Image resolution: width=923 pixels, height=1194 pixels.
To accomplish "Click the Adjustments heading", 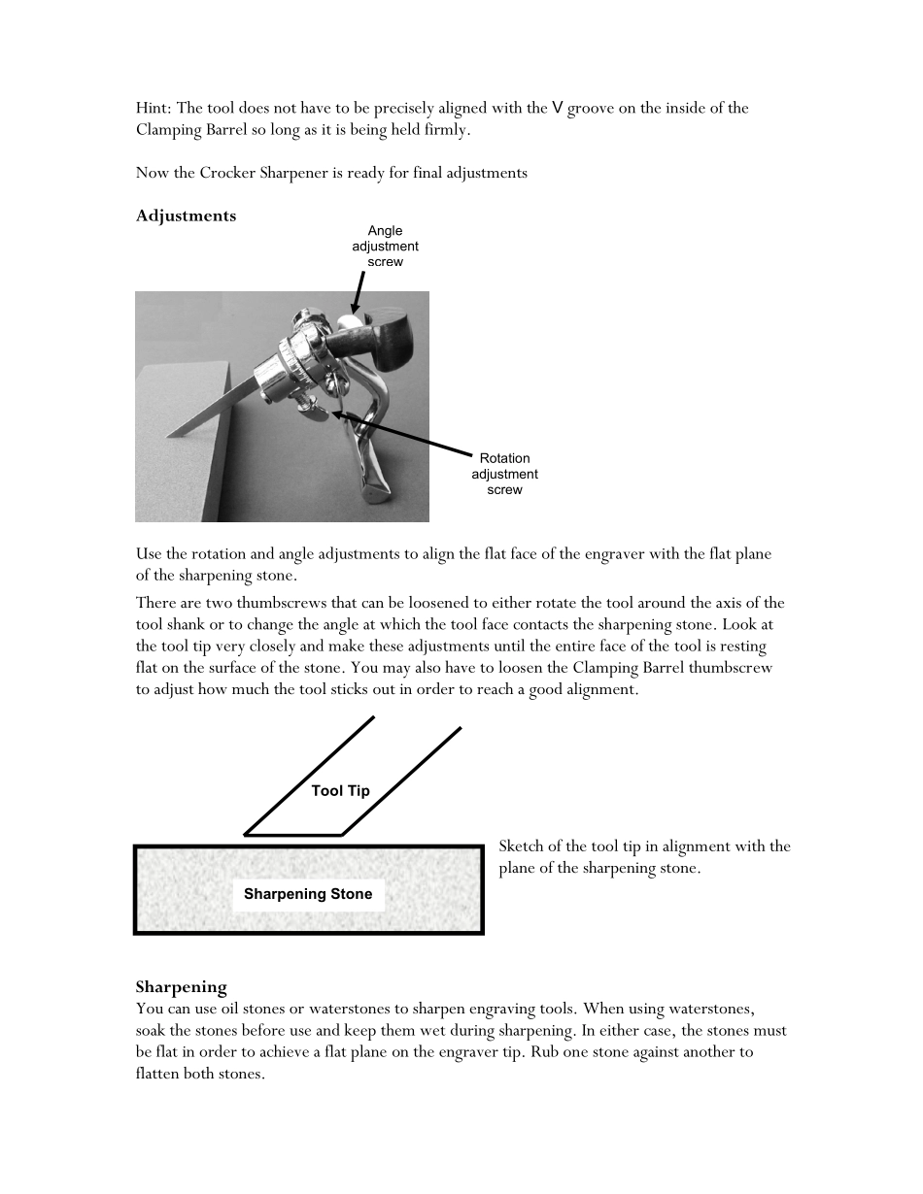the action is (x=186, y=216).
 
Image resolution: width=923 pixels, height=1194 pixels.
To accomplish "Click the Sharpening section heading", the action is (x=182, y=986).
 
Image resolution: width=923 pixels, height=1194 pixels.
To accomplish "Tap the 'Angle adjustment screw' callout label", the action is (x=385, y=247).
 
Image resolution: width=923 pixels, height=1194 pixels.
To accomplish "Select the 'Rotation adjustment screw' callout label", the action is (x=504, y=474).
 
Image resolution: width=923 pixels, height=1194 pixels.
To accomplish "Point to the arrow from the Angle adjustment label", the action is (x=358, y=293).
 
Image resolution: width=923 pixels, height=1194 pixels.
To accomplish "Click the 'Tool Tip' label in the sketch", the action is (x=340, y=791).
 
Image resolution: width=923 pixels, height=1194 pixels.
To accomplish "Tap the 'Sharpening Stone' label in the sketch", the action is (x=308, y=894).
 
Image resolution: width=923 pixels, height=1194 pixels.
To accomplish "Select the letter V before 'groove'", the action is (x=558, y=108).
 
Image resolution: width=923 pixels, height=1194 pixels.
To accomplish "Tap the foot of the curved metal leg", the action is (x=374, y=490).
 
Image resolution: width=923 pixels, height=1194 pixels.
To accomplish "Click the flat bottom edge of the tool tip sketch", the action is (x=293, y=836).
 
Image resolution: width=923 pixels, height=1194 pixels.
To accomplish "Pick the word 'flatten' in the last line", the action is (x=156, y=1074).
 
